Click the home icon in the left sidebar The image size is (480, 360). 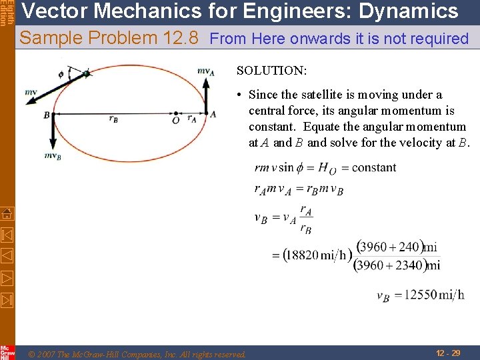pos(7,213)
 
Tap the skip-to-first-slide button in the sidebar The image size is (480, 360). pos(7,234)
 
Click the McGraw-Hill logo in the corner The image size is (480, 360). pos(7,352)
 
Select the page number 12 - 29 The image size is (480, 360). pos(447,353)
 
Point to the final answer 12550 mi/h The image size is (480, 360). pos(420,295)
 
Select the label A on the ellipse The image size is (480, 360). pos(213,115)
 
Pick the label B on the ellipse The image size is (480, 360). pos(47,115)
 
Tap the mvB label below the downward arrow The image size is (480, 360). pos(53,156)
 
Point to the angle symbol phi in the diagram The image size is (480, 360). pos(61,74)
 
